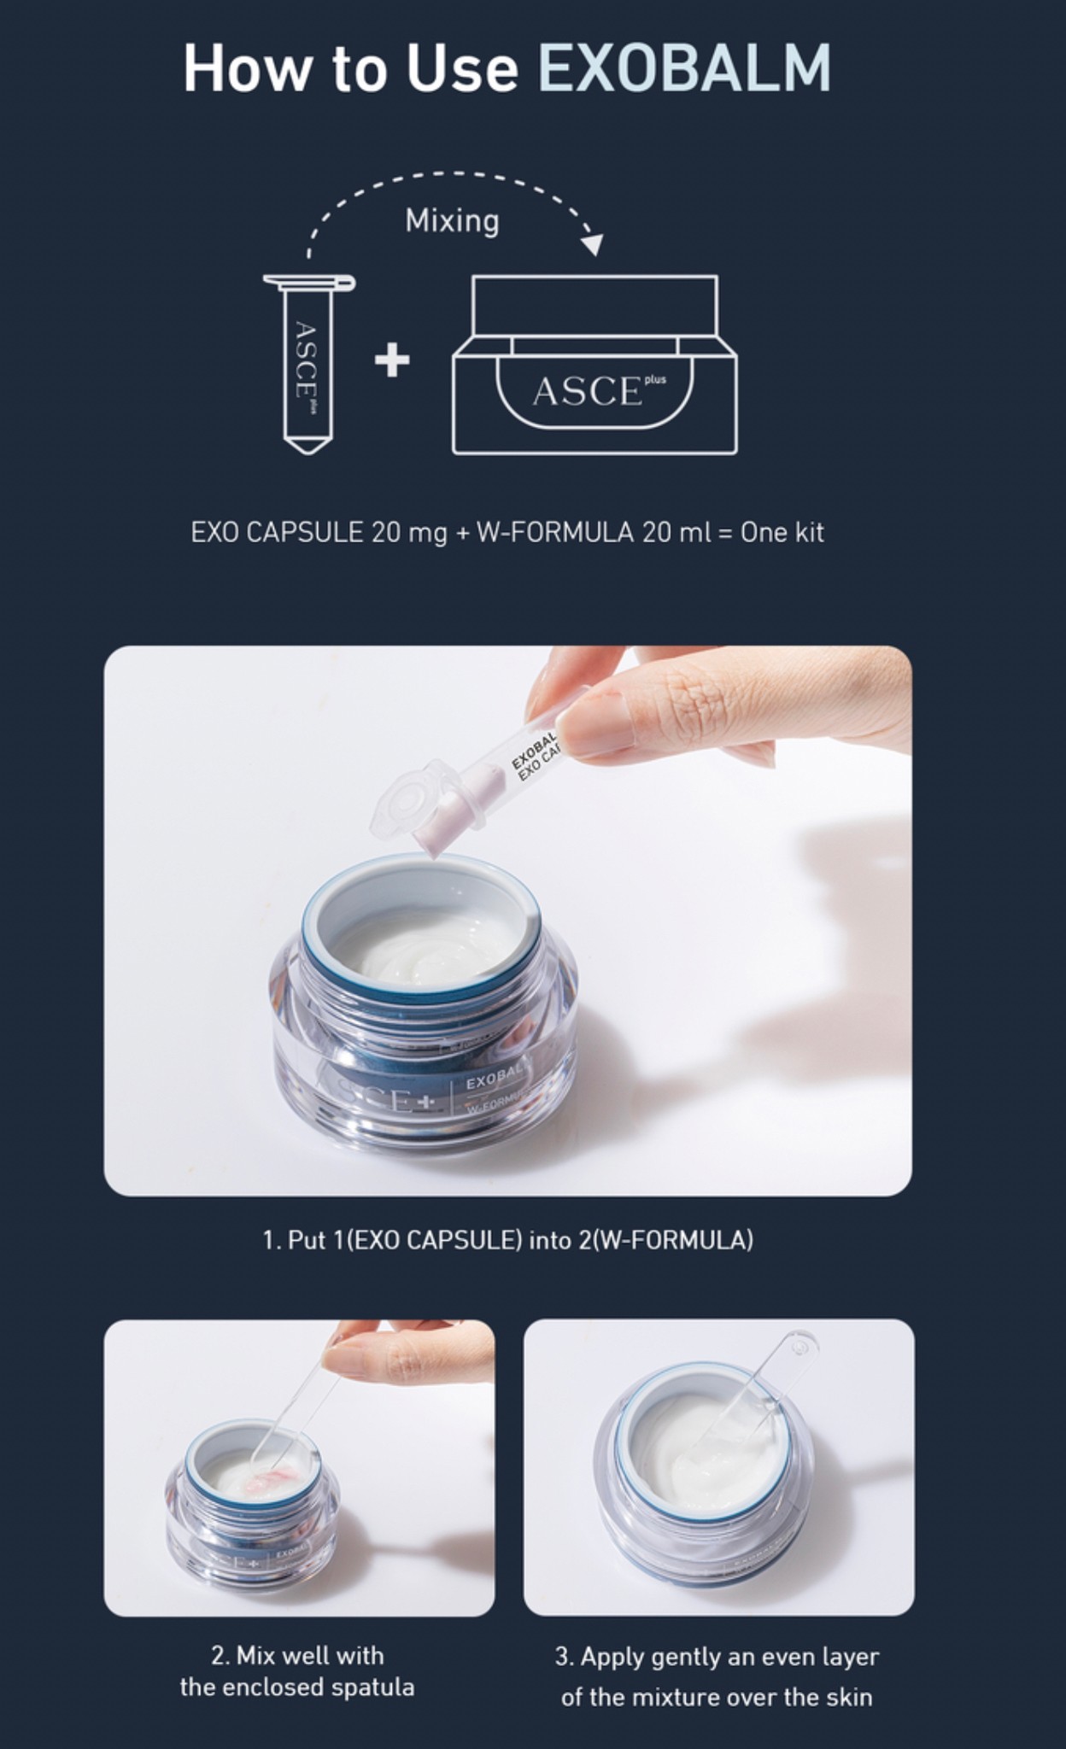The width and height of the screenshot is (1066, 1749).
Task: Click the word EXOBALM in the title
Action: pos(683,68)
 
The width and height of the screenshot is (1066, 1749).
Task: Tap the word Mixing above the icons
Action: pos(452,220)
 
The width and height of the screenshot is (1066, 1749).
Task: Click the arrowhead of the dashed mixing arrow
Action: pos(592,245)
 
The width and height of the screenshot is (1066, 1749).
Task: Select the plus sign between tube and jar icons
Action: pos(392,360)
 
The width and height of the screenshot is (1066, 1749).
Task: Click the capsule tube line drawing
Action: pos(307,367)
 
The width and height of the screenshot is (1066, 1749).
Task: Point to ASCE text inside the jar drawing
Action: pos(586,392)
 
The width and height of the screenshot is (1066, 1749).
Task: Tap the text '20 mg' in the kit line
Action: pos(409,532)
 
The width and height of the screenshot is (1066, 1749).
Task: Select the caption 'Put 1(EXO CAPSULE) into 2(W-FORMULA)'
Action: pos(507,1240)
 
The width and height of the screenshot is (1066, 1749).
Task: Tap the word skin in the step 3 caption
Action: pos(849,1696)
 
